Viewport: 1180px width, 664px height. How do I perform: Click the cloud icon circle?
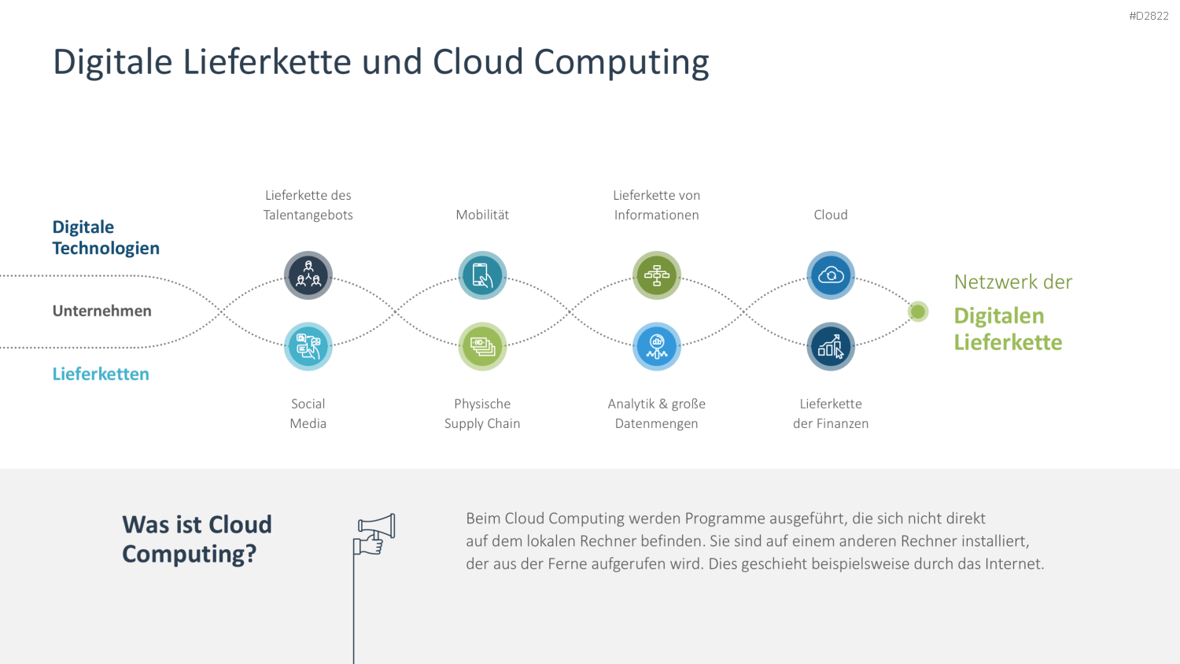(831, 275)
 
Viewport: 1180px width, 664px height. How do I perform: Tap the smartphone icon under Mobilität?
(482, 275)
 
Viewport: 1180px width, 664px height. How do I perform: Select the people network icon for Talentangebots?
(308, 275)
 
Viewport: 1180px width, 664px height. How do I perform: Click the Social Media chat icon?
(308, 346)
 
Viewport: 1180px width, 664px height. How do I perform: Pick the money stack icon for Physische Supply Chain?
(482, 346)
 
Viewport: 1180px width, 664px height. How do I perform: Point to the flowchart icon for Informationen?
(656, 275)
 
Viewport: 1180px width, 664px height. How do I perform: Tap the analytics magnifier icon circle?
(656, 346)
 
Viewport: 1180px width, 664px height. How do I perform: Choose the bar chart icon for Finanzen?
(831, 346)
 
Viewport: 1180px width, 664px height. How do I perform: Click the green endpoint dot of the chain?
(918, 312)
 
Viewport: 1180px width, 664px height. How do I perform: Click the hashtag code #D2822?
(1149, 16)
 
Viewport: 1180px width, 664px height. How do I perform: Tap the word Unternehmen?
(101, 311)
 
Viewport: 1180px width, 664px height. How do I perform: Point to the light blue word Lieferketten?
(101, 374)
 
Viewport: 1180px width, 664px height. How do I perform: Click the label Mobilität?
(482, 215)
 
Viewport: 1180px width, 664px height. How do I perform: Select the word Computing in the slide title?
(621, 63)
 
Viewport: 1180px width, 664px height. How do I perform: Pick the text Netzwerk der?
(1013, 282)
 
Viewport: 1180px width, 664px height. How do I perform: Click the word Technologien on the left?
(106, 248)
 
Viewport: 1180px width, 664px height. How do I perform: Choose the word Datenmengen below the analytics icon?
(656, 424)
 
